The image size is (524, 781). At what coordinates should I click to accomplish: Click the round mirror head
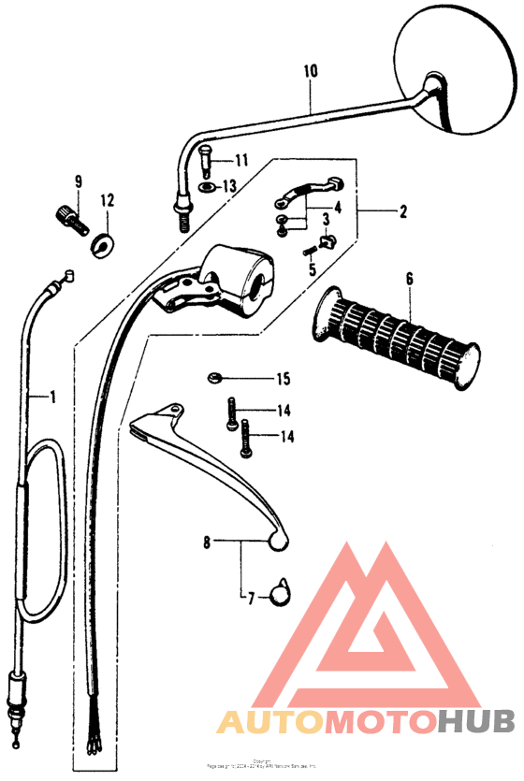point(457,67)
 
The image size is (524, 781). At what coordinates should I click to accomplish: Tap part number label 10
point(311,70)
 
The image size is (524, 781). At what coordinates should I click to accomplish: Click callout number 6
point(409,278)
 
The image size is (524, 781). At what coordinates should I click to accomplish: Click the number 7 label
point(250,596)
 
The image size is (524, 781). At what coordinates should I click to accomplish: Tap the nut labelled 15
point(213,378)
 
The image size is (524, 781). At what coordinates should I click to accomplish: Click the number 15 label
point(283,379)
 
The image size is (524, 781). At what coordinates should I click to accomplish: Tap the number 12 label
point(107,200)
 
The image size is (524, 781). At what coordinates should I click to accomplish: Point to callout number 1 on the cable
point(52,397)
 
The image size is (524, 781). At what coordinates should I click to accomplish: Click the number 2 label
point(403,212)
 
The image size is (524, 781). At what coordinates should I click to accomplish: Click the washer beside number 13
point(207,185)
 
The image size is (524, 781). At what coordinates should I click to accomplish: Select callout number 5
point(313,269)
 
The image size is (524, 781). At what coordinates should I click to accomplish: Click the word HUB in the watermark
point(475,722)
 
